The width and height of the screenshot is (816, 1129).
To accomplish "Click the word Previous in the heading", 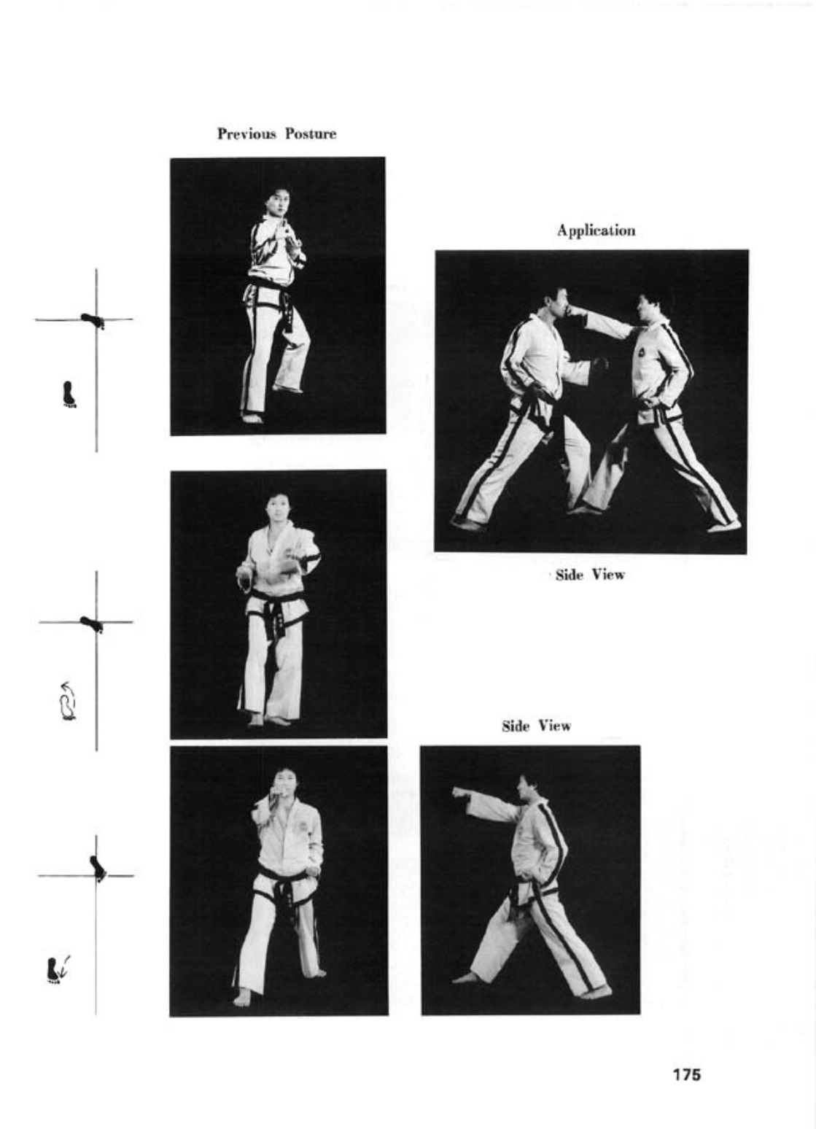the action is pos(246,134).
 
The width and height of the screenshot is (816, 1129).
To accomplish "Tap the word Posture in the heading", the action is pos(311,134).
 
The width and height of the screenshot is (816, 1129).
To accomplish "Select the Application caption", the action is pos(596,231).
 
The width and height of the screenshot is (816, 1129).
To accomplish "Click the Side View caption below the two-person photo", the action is pos(590,575).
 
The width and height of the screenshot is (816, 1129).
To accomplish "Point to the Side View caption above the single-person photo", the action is pos(536,726).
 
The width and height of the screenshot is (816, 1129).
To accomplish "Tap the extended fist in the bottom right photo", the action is pos(459,793).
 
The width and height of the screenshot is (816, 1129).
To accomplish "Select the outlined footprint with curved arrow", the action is pos(69,701).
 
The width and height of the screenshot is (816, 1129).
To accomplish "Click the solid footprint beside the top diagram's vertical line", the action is pos(69,394).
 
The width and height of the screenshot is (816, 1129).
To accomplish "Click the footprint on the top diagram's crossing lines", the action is pos(93,320).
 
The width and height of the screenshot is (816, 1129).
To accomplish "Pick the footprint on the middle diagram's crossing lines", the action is pos(92,624).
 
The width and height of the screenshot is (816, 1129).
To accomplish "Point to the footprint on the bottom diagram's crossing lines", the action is pos(98,869).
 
